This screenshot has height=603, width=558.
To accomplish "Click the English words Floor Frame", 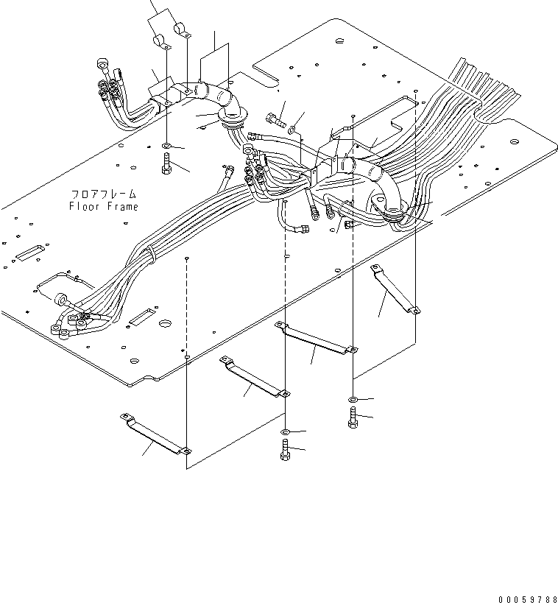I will [x=103, y=206].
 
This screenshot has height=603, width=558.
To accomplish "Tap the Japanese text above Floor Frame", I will [x=104, y=194].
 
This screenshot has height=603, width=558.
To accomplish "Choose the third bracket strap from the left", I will [x=317, y=338].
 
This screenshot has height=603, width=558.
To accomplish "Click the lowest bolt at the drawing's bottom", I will [x=285, y=449].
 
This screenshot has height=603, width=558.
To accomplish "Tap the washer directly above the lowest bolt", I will [x=285, y=431].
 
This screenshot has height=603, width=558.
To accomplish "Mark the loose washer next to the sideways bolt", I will [x=293, y=130].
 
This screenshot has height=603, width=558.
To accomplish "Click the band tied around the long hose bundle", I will [x=150, y=255].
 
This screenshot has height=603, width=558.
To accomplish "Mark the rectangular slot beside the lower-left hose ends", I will [x=141, y=317].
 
